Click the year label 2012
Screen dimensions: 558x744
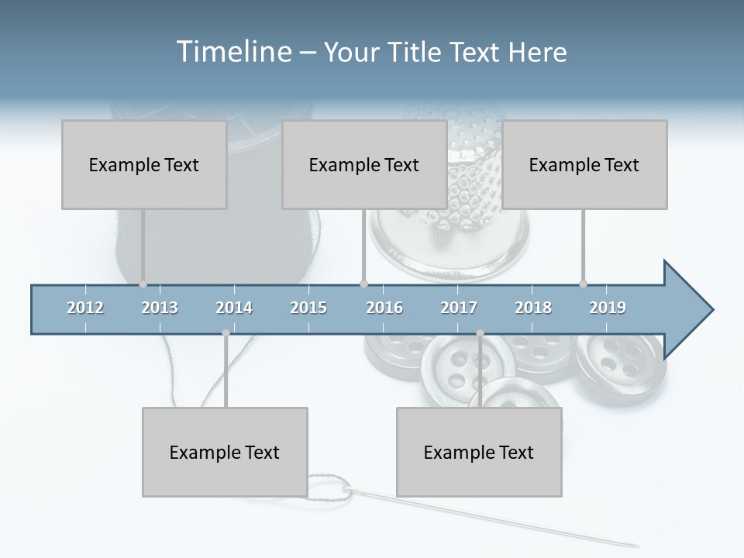pyautogui.click(x=85, y=308)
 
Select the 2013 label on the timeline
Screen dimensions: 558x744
pyautogui.click(x=160, y=308)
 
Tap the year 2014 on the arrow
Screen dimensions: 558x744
pyautogui.click(x=234, y=308)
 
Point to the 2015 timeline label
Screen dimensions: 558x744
pyautogui.click(x=308, y=308)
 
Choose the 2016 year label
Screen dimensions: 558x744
pyautogui.click(x=384, y=308)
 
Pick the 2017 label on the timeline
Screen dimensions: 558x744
pyautogui.click(x=459, y=308)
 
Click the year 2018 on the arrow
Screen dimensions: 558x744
pyautogui.click(x=533, y=308)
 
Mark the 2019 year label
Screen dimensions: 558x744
pyautogui.click(x=608, y=308)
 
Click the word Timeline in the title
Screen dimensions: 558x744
pyautogui.click(x=232, y=52)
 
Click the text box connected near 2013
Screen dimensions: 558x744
pyautogui.click(x=144, y=164)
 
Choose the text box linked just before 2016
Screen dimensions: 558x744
pyautogui.click(x=364, y=164)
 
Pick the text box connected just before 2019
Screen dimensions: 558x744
pyautogui.click(x=584, y=164)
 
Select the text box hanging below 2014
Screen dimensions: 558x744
pyautogui.click(x=225, y=452)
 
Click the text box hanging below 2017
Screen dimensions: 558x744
pyautogui.click(x=479, y=452)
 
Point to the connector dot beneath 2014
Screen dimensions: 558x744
pyautogui.click(x=226, y=333)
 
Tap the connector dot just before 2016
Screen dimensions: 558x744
pyautogui.click(x=364, y=284)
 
